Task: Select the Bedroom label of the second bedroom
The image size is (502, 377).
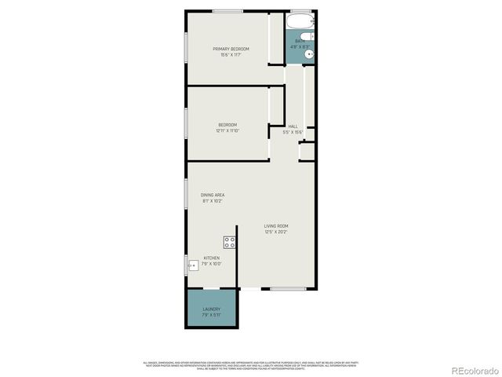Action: point(227,125)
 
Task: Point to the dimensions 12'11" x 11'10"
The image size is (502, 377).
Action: point(227,131)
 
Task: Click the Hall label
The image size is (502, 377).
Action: point(293,126)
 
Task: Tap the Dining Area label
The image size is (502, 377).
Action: point(213,195)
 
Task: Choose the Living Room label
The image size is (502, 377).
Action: point(276,225)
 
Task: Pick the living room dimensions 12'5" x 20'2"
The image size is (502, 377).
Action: point(276,232)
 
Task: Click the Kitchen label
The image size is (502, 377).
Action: point(212,258)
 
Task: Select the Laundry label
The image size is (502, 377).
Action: point(212,309)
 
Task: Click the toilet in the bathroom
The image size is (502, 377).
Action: point(307,36)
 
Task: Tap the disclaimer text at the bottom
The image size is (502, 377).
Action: point(251,365)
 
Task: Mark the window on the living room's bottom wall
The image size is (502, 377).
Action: point(288,289)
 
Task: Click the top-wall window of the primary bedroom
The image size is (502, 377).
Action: point(227,11)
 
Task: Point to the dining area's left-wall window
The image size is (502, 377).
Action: point(186,193)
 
